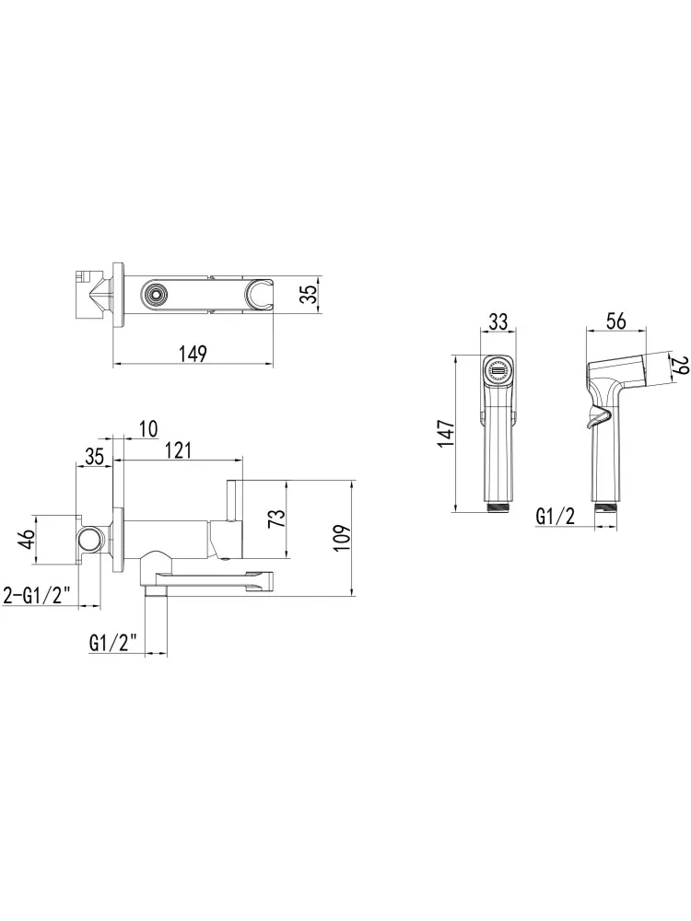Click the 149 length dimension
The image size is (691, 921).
pos(193,354)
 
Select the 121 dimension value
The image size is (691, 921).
pos(179,450)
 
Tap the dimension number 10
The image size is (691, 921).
pos(149,429)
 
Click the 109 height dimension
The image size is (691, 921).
pos(342,537)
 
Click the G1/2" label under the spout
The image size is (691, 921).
pos(114,643)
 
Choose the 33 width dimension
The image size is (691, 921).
pos(498,321)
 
